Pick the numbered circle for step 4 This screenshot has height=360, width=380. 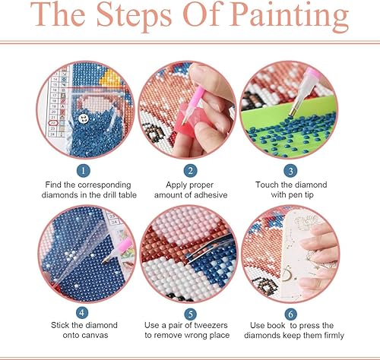(x=84, y=312)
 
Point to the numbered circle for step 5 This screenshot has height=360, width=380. (x=189, y=312)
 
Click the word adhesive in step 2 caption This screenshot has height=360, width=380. (x=215, y=196)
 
